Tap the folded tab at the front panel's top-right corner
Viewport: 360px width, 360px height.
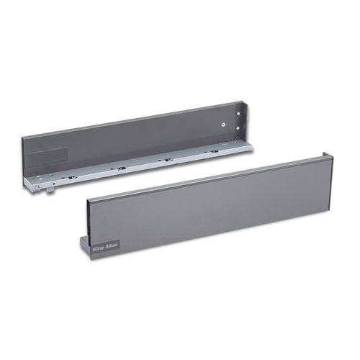tap(328, 158)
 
